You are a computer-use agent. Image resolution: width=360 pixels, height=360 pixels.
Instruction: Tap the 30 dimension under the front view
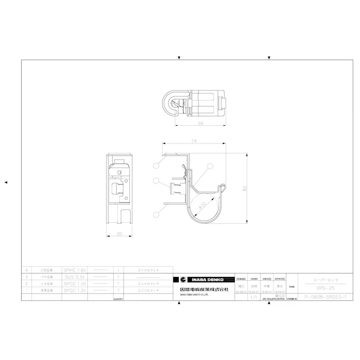click(119, 234)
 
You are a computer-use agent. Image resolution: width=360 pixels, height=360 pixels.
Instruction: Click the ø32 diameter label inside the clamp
click(202, 205)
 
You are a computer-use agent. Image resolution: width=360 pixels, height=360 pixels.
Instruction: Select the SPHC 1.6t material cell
click(75, 270)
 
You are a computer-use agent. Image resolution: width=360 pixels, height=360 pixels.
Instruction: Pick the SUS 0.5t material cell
click(75, 277)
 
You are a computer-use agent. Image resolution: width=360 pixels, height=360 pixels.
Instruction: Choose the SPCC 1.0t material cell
click(75, 284)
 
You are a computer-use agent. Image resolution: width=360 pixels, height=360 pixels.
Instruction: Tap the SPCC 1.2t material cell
click(75, 291)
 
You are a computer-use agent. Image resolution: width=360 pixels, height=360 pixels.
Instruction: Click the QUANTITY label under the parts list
click(118, 299)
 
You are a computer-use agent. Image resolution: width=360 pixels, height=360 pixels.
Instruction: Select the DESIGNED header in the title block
click(241, 279)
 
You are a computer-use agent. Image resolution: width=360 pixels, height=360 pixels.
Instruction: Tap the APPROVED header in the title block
click(280, 279)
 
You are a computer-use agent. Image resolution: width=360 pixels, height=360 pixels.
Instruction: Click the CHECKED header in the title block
click(267, 279)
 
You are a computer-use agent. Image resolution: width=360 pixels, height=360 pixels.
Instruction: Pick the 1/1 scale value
click(253, 297)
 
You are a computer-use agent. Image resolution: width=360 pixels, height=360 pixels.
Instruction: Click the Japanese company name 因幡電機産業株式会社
click(204, 289)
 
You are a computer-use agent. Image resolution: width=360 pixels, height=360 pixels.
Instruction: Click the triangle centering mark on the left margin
click(6, 182)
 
